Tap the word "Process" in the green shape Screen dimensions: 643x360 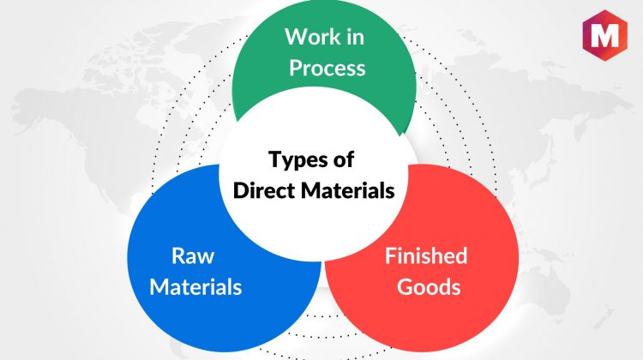point(328,68)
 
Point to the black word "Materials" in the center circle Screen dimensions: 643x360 point(348,190)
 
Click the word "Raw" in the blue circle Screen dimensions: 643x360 point(193,255)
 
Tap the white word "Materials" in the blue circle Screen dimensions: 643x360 point(195,286)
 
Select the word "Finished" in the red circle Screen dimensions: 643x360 point(426,255)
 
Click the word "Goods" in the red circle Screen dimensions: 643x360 point(429,286)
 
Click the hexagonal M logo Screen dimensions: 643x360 point(604,36)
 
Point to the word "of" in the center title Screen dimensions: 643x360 point(344,159)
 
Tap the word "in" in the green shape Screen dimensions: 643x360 point(356,37)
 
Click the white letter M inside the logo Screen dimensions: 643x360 point(605,36)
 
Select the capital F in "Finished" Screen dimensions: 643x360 point(391,255)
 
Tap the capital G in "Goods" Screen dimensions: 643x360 point(405,286)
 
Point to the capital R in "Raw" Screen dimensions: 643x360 point(178,255)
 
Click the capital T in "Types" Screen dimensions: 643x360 point(275,159)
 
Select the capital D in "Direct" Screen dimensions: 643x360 point(241,190)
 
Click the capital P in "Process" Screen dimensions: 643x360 point(296,68)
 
